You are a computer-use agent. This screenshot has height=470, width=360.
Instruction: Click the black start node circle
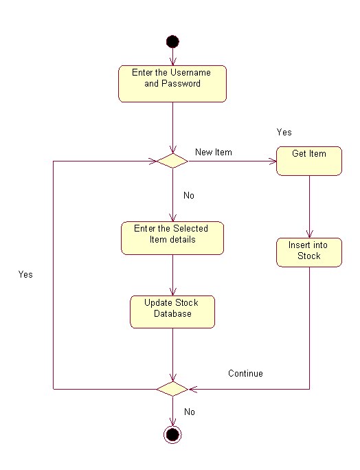tap(172, 42)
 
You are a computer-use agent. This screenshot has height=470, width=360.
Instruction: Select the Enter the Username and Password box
tap(172, 84)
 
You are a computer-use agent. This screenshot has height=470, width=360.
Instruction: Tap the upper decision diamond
tap(172, 161)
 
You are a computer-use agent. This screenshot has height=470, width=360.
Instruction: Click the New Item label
tap(214, 152)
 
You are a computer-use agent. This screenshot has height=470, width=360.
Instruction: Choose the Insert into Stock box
tap(309, 252)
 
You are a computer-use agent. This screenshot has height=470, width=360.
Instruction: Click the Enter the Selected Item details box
tap(172, 238)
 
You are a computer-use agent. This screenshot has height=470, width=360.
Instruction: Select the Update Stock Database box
tap(172, 312)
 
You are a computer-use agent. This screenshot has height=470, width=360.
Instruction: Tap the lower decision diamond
tap(172, 389)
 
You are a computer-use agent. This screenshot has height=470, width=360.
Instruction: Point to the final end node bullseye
tap(172, 434)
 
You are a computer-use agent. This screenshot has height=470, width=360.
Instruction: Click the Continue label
tap(245, 374)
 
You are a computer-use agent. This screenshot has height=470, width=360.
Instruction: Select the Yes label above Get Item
tap(284, 132)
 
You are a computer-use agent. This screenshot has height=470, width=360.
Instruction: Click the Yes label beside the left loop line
tap(25, 274)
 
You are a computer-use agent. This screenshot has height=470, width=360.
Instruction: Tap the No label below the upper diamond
tap(189, 196)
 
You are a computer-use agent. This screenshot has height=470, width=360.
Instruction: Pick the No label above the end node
tap(190, 412)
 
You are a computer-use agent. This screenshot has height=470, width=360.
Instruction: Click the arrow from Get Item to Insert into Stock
tap(309, 206)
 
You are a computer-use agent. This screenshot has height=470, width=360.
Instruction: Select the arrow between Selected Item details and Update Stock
tap(172, 275)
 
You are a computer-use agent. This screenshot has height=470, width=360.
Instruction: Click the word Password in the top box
tap(181, 84)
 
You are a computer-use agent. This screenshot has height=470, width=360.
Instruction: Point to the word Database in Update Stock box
tap(172, 314)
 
